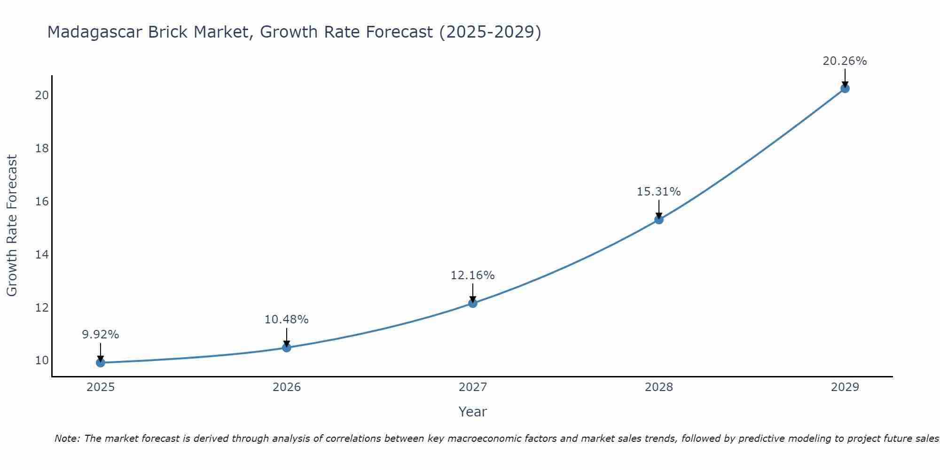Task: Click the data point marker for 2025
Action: pos(100,362)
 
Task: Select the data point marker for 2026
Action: pos(286,347)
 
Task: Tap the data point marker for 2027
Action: pos(472,303)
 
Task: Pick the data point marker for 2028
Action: pos(658,219)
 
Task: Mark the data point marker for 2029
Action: pos(845,88)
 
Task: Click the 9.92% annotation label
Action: pos(100,335)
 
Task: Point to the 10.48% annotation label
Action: pos(286,320)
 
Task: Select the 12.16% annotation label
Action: pos(472,275)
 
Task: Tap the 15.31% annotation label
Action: pos(658,192)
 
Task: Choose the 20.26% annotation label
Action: pos(845,61)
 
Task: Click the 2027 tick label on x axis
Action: pos(472,387)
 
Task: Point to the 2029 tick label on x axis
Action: pos(845,387)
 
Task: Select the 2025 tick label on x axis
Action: pos(101,387)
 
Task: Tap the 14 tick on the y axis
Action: pos(42,255)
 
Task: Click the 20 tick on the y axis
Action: pos(42,95)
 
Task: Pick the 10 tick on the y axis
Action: pos(42,360)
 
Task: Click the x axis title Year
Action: pos(472,412)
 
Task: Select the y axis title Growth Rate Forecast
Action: pos(12,226)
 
